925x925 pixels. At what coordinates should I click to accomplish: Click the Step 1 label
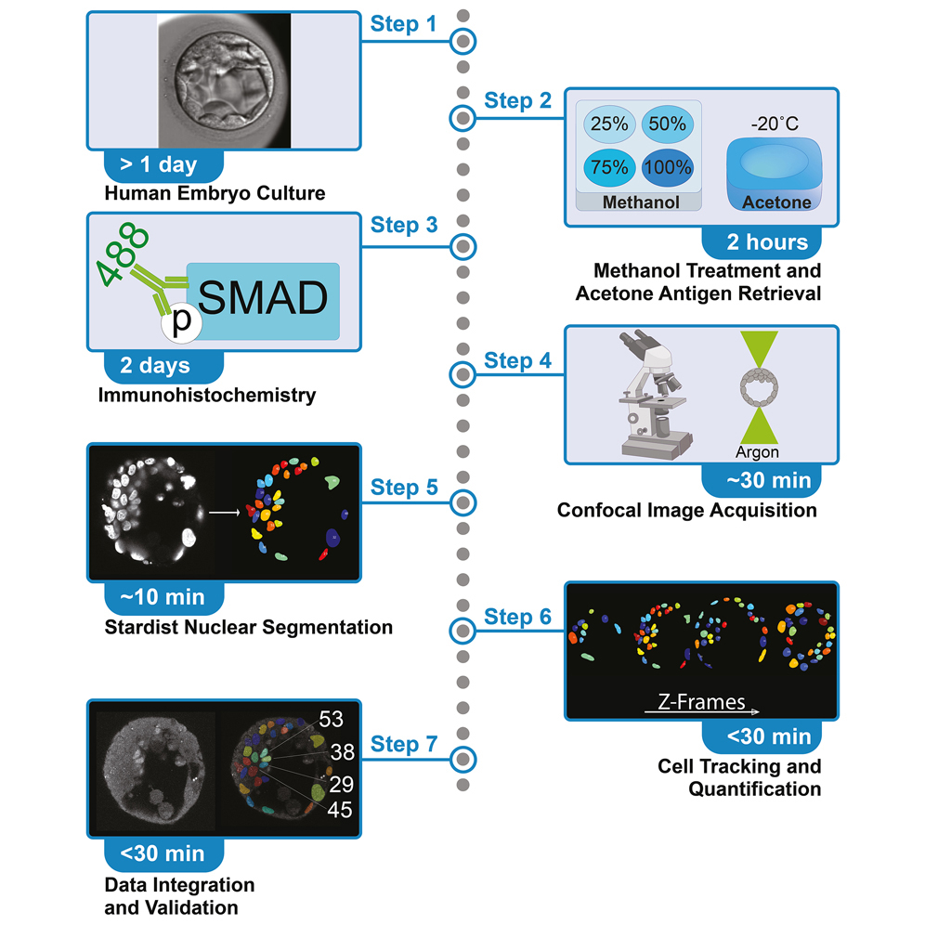coord(402,23)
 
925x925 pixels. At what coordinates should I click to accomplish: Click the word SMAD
coord(263,299)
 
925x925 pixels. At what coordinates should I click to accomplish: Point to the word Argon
coord(756,451)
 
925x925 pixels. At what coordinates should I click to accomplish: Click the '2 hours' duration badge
coord(767,243)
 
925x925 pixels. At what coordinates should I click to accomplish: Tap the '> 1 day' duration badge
coord(158,165)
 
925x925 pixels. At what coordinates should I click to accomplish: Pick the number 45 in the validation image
coord(341,809)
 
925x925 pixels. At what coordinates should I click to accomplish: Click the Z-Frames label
coord(700,702)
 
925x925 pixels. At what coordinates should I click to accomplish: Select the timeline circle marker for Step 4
coord(462,375)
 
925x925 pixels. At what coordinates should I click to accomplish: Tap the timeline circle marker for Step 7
coord(462,759)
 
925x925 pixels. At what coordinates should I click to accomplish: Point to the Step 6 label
coord(517,618)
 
